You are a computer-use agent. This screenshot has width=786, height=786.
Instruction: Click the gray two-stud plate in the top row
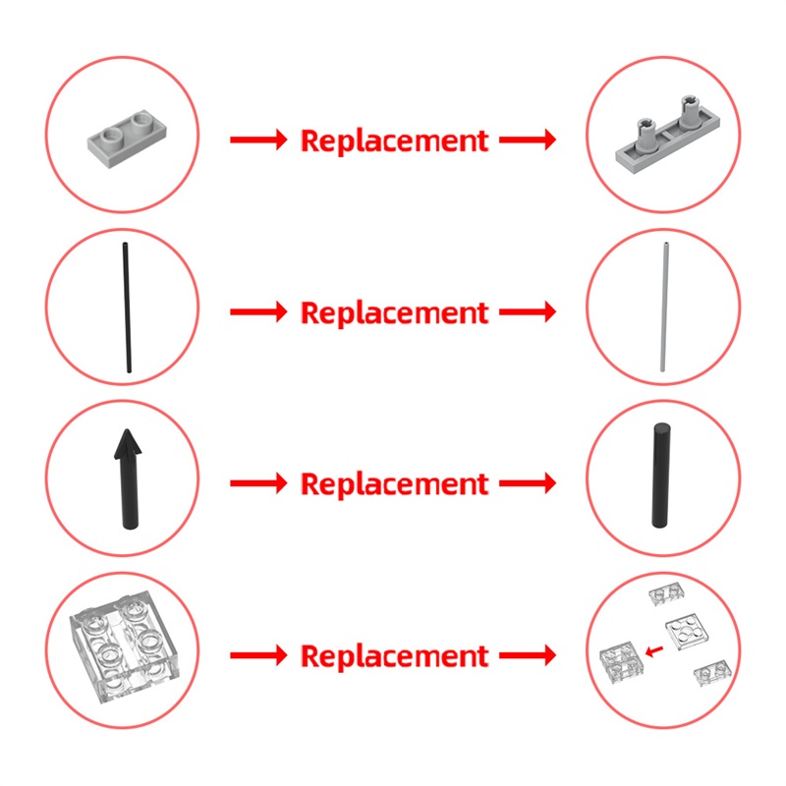(x=127, y=139)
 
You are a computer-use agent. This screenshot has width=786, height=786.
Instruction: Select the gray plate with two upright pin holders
(x=668, y=137)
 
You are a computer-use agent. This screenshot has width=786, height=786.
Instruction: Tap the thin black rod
(x=127, y=308)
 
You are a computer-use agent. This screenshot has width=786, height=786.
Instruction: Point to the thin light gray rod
(x=664, y=308)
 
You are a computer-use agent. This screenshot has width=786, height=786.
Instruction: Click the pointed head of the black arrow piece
(x=128, y=444)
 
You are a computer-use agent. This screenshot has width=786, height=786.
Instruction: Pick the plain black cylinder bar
(x=661, y=476)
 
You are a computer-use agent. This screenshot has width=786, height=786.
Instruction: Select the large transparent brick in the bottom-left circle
(x=125, y=646)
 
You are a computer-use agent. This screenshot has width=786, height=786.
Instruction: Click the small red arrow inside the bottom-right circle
(x=654, y=651)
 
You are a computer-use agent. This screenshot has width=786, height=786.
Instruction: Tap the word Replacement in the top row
(x=394, y=140)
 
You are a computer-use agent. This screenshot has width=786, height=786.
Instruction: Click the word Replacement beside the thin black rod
(x=394, y=313)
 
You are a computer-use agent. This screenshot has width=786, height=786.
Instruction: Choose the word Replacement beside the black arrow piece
(x=394, y=484)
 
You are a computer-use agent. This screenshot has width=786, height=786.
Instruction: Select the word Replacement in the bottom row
(x=394, y=656)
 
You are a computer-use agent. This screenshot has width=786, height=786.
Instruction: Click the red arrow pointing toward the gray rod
(x=528, y=311)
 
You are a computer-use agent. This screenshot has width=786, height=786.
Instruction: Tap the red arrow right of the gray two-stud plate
(x=258, y=140)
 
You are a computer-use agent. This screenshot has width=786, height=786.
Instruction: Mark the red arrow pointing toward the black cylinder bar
(x=528, y=483)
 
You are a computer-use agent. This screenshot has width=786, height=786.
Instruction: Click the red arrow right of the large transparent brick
(x=258, y=655)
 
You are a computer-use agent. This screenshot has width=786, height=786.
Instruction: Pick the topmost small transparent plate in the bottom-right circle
(x=667, y=593)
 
